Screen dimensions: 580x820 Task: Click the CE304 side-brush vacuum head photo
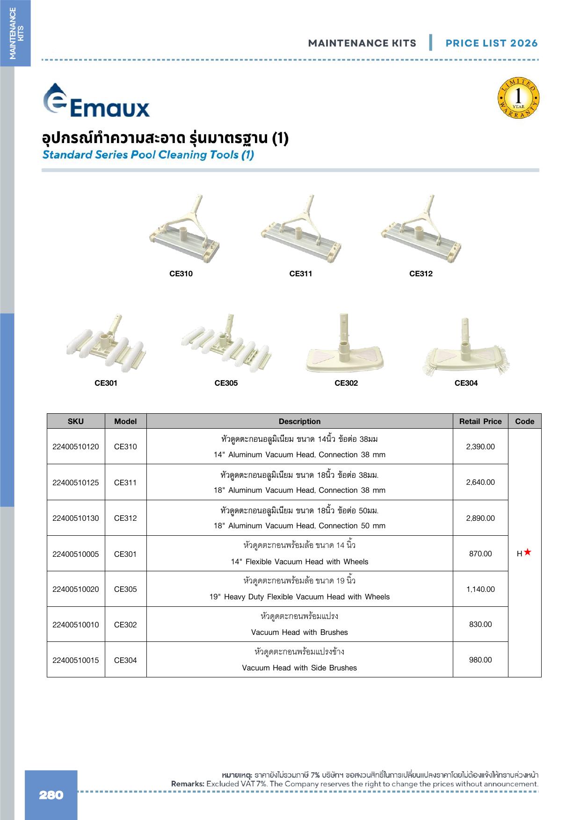coord(466,346)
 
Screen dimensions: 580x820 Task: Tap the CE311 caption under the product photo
coord(300,274)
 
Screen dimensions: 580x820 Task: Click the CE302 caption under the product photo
coord(346,383)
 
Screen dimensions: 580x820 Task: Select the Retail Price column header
coord(480,421)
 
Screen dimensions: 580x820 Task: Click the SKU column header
coord(76,421)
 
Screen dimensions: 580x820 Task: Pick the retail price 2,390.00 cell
coord(480,446)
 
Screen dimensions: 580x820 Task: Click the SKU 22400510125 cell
coord(76,482)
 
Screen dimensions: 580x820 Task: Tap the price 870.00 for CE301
coord(480,554)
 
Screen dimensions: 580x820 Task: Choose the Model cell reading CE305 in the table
coord(125,590)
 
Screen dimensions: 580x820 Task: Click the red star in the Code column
coord(528,552)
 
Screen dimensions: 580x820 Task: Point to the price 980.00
coord(480,660)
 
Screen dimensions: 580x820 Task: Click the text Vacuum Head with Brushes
coord(299,633)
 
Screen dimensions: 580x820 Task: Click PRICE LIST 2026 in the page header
coord(492,43)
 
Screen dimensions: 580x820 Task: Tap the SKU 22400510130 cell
coord(76,518)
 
